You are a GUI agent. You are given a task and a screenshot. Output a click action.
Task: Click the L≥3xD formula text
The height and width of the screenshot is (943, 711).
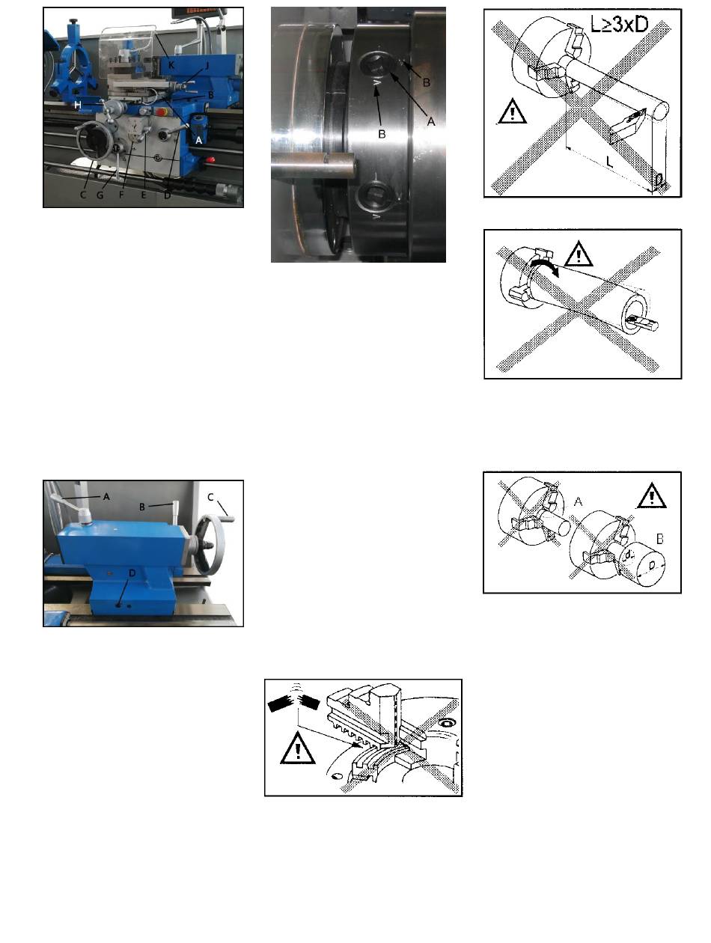click(x=619, y=24)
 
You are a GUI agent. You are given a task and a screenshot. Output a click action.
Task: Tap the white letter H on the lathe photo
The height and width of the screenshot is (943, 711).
click(x=78, y=105)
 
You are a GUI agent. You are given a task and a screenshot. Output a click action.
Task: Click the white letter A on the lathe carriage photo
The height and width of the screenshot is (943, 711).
click(x=198, y=140)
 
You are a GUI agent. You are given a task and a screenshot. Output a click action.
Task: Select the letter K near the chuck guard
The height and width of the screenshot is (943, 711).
click(x=171, y=65)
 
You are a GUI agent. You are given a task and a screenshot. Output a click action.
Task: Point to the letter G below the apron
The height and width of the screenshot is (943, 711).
click(x=100, y=195)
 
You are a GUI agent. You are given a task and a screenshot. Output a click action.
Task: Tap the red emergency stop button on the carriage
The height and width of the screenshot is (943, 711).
click(x=162, y=112)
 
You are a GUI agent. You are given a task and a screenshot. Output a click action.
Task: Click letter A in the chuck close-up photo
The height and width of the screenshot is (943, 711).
click(x=431, y=121)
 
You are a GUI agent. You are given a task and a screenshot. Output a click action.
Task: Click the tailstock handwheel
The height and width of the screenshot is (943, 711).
click(x=211, y=544)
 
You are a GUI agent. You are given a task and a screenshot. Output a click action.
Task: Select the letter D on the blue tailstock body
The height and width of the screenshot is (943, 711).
click(x=132, y=573)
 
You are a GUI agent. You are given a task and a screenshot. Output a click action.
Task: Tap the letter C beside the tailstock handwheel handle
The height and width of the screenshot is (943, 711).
click(x=210, y=497)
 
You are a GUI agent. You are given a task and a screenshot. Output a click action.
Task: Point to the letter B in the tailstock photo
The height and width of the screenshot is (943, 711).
click(x=142, y=507)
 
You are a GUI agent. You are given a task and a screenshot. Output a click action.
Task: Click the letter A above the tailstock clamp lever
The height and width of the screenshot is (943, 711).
click(x=106, y=496)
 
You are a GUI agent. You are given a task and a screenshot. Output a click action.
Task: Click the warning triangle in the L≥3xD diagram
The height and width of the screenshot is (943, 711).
click(x=512, y=111)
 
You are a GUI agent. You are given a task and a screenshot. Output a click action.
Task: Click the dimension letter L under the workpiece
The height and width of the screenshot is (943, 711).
click(x=609, y=162)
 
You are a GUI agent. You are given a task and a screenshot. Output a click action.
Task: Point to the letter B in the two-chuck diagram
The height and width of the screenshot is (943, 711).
click(x=660, y=539)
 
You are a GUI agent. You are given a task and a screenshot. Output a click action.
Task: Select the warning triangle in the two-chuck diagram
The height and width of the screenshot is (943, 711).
click(x=652, y=495)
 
